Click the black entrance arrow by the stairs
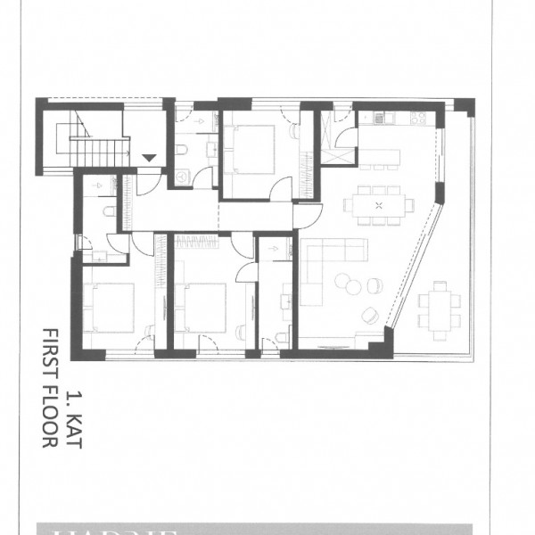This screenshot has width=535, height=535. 150,158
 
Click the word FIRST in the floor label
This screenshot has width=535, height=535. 49,355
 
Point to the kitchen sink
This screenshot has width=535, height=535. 380,117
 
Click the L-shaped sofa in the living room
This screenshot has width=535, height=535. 325,267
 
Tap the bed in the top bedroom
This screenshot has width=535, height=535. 252,146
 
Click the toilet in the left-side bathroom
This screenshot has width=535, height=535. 108,211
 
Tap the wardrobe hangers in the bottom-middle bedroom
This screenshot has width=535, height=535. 195,241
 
